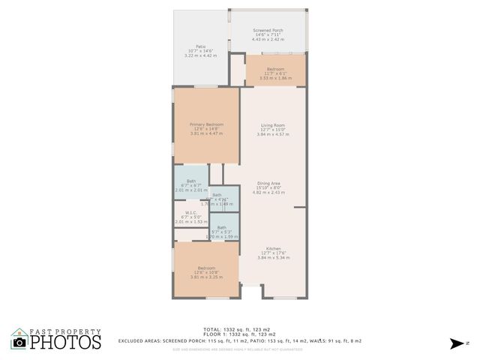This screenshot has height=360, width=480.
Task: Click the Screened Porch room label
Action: [268, 30]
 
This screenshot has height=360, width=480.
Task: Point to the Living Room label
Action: [272, 125]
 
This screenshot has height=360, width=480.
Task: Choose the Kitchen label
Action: [272, 248]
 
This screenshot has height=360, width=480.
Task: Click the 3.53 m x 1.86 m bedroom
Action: [275, 78]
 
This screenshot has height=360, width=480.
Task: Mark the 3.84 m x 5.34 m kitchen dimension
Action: [272, 258]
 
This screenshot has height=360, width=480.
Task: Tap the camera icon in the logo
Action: [19, 342]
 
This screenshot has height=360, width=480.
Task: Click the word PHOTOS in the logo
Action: [66, 342]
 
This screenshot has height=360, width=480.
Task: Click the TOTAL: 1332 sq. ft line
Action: [240, 329]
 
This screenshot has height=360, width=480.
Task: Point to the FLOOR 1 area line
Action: [240, 334]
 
